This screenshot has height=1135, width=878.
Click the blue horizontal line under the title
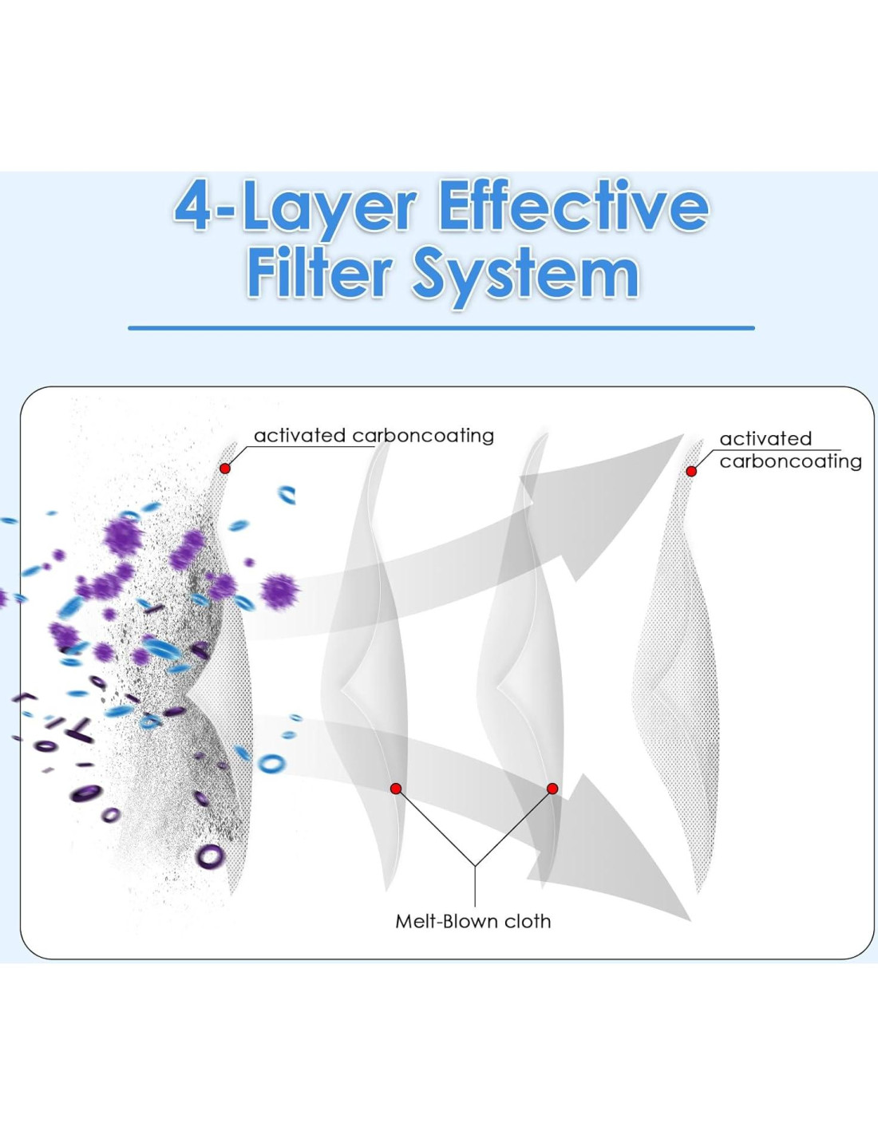[441, 328]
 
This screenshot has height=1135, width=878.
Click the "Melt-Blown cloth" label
[473, 920]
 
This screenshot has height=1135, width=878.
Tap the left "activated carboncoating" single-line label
[374, 436]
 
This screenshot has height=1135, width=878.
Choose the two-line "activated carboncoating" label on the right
[790, 450]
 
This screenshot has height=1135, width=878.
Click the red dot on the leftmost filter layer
[225, 469]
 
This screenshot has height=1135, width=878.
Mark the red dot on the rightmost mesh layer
[691, 471]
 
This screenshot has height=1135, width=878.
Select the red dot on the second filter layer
[396, 788]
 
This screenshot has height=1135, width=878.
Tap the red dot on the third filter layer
[552, 788]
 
